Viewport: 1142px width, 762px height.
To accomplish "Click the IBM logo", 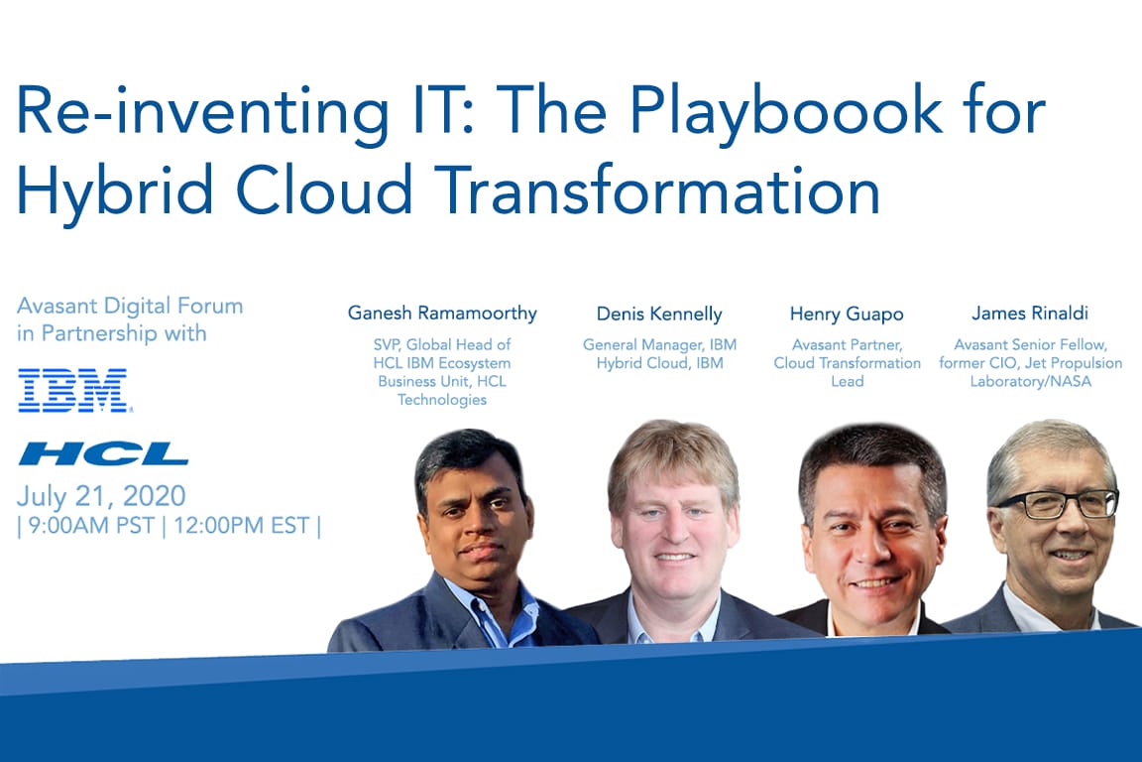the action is click(x=73, y=390).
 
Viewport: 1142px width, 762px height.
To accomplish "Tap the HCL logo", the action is click(x=103, y=453).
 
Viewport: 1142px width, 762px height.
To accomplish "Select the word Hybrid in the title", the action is click(x=115, y=190).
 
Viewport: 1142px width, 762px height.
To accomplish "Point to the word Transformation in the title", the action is click(x=661, y=189).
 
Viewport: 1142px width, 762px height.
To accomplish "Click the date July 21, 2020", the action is click(x=101, y=496).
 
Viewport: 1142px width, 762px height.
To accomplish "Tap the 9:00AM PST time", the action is click(x=91, y=526).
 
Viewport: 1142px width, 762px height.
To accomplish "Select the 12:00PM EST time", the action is click(x=242, y=526).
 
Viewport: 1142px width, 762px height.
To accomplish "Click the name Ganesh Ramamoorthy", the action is click(x=442, y=314).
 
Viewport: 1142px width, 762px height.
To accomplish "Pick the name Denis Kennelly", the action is click(x=659, y=315).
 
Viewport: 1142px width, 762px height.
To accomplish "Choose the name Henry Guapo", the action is click(x=847, y=315).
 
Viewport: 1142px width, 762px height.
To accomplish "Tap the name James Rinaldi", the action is click(x=1030, y=314).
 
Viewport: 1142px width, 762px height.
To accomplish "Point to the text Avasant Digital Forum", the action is click(x=130, y=306).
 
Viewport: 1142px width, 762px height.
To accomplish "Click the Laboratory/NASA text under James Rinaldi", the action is click(x=1031, y=381).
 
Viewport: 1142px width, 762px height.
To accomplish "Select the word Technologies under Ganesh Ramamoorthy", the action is click(x=442, y=400).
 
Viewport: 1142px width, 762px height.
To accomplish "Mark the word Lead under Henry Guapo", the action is click(x=847, y=381).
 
